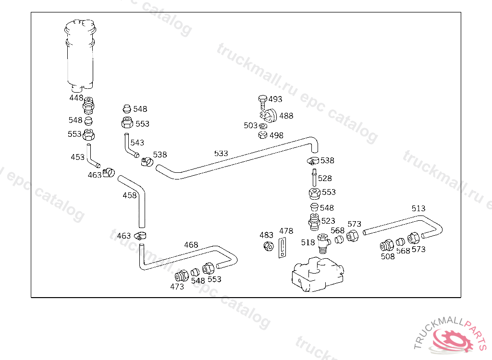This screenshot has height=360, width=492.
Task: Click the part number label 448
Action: [76, 98]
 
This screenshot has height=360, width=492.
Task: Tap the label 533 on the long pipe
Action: [221, 154]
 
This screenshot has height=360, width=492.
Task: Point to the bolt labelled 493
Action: [262, 100]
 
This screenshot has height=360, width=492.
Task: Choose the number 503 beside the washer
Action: [250, 126]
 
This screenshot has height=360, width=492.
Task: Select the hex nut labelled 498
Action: [262, 135]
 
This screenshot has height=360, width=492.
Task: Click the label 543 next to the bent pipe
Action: [137, 143]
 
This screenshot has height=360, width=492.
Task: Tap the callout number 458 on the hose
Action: [130, 195]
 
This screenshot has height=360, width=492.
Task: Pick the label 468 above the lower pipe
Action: [191, 245]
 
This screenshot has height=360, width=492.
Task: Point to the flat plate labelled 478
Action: [283, 248]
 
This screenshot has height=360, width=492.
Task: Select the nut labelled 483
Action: [268, 246]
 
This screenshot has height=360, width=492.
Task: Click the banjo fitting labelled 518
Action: [324, 240]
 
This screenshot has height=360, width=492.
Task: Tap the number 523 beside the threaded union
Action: [328, 221]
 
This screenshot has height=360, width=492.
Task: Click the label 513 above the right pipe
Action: [418, 208]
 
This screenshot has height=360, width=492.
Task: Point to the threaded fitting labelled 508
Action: [386, 246]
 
